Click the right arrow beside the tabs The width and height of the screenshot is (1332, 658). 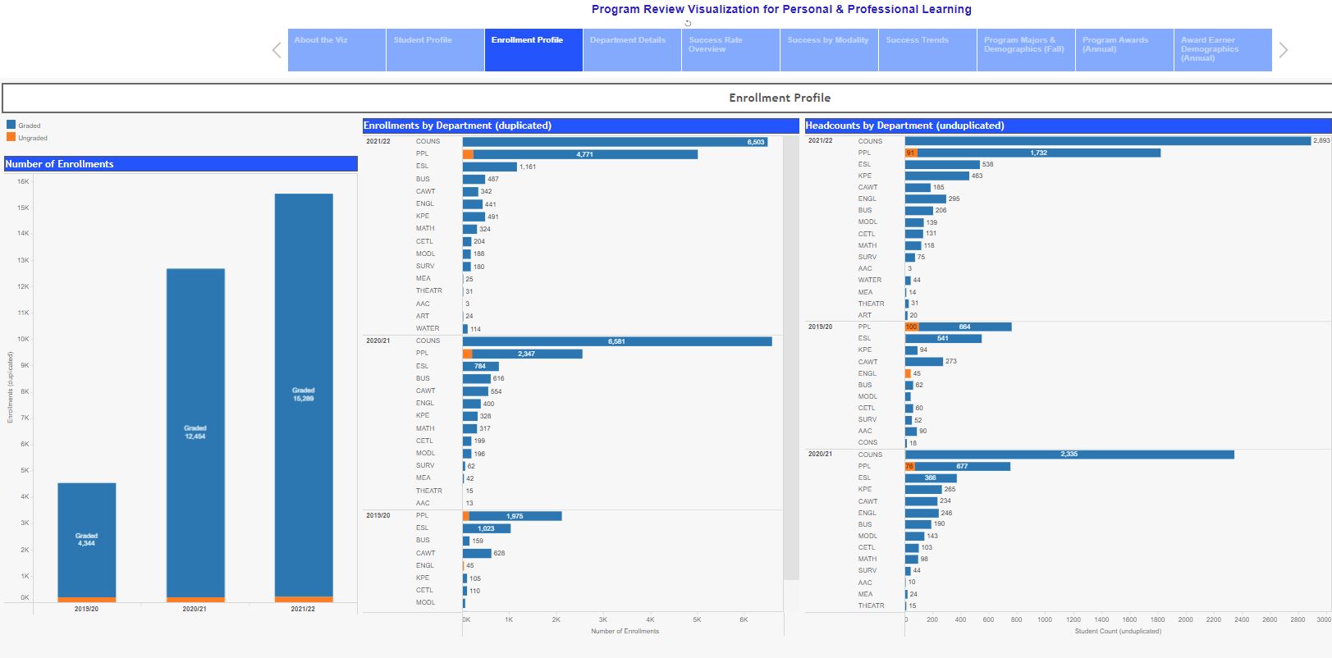[1284, 50]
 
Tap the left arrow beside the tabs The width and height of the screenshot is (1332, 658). [277, 50]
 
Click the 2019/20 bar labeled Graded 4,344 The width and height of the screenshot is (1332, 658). [86, 539]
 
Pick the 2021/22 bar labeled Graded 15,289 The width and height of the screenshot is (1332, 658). [303, 394]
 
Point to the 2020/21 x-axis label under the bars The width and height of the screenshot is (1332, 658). [195, 609]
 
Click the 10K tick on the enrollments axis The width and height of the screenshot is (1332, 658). [24, 339]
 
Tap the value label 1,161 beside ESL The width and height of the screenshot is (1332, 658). [527, 167]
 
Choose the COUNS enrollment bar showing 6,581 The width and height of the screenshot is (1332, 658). [616, 341]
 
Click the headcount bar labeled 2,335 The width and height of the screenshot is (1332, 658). [1069, 455]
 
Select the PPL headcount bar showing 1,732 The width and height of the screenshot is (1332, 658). [1038, 153]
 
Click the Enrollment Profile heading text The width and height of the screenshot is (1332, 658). [780, 98]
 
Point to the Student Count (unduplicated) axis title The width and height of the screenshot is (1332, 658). [1118, 631]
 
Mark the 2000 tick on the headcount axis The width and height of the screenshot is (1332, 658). [1185, 619]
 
